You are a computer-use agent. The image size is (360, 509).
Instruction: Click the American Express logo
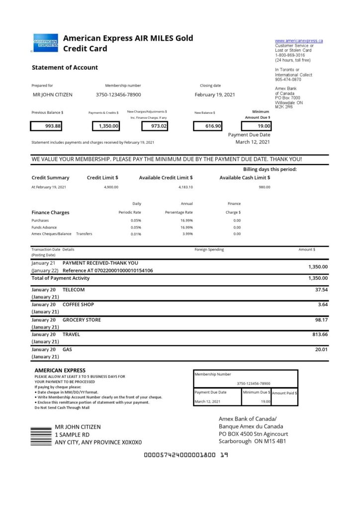[45, 43]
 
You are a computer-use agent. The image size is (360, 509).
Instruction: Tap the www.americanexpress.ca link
[299, 40]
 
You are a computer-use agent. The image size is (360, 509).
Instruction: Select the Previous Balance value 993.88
[46, 126]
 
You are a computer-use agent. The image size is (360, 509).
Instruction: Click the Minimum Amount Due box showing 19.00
[256, 126]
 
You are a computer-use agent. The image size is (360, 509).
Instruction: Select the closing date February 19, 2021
[215, 94]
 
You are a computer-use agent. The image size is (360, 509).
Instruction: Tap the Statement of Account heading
[65, 68]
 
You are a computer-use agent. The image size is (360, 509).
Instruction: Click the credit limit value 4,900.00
[111, 187]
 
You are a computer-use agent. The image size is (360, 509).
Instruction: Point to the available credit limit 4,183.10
[185, 187]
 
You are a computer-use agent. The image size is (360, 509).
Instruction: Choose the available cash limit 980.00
[265, 187]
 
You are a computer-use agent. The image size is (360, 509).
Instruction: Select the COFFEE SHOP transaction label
[78, 304]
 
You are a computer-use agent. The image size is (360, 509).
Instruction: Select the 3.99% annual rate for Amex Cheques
[187, 234]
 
